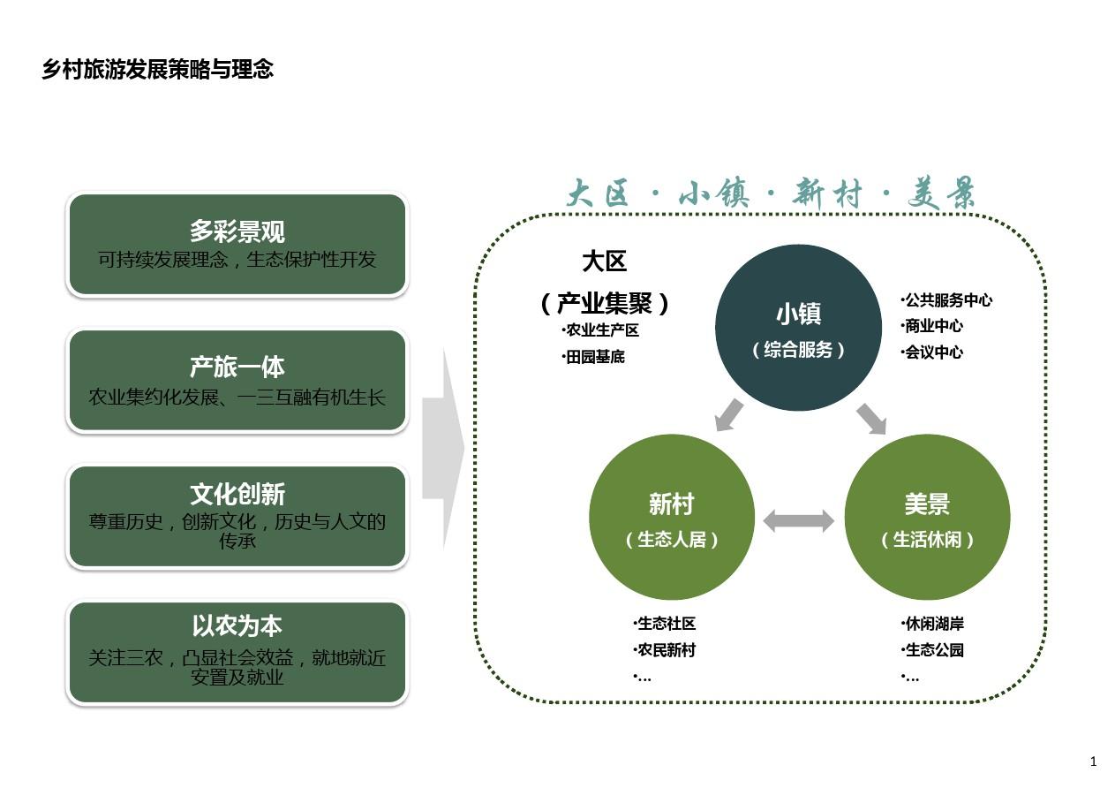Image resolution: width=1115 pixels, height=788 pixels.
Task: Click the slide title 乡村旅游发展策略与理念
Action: pos(158,69)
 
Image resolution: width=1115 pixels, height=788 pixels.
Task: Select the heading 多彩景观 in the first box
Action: pos(237,231)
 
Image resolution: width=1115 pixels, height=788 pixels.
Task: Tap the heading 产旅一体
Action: pos(237,367)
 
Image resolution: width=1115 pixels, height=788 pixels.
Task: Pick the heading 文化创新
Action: pos(237,494)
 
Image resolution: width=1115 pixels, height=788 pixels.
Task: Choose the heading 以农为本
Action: pos(237,625)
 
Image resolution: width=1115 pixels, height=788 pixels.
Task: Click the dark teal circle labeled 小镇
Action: pos(798,327)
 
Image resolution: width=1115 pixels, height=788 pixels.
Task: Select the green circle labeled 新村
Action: pos(672,517)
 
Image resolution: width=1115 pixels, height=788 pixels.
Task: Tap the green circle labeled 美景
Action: pos(927,517)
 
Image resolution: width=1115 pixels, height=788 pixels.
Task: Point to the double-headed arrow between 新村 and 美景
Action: pos(798,521)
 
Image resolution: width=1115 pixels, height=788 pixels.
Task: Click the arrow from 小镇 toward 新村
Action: pos(728,415)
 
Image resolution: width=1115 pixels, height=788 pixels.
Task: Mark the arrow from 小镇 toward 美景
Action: pos(871,419)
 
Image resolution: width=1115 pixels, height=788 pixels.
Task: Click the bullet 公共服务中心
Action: pos(946,300)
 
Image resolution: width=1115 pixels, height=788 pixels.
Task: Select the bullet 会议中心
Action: pos(932,352)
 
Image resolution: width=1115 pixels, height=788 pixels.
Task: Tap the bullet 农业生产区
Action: pos(600,330)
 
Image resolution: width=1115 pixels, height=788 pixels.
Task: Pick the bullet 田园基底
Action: pos(593,357)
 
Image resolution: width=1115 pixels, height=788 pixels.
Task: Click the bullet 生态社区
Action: pos(665,623)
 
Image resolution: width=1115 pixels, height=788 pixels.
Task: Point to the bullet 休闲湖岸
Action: pos(932,623)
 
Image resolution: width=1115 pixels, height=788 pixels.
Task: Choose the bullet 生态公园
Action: pos(932,649)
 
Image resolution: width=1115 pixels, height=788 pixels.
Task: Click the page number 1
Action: pos(1093,761)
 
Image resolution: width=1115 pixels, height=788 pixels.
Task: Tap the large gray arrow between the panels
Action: pos(443,448)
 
